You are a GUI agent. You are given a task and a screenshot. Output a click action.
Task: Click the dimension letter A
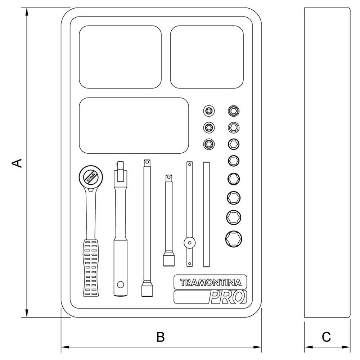tap(17, 163)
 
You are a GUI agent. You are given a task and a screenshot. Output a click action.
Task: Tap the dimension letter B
tap(161, 337)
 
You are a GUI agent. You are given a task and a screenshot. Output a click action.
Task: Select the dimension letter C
tap(326, 337)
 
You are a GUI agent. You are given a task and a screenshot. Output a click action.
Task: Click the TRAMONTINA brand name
tap(210, 282)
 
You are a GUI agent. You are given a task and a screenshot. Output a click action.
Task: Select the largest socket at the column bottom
tap(234, 238)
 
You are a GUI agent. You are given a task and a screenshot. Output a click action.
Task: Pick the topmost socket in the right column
tap(234, 111)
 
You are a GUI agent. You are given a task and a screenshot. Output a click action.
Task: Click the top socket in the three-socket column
tap(208, 111)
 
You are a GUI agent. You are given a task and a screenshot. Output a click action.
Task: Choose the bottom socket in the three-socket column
tap(208, 144)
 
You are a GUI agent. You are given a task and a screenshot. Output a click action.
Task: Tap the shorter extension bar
tap(168, 220)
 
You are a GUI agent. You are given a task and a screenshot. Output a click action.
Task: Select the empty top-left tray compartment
tap(120, 57)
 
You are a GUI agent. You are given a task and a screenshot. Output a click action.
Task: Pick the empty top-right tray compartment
tap(207, 57)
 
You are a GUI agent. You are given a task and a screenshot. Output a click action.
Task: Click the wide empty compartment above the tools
tap(134, 125)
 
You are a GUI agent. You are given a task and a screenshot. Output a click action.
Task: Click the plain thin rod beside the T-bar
tap(206, 215)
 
